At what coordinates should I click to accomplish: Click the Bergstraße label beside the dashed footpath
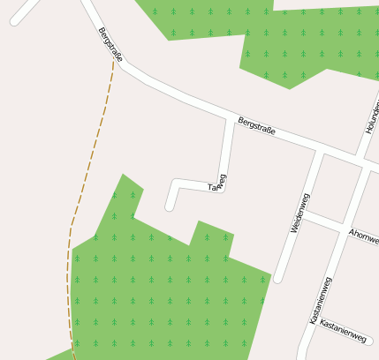[110, 44]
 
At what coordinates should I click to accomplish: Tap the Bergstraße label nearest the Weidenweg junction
[256, 126]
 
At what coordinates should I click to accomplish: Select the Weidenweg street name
[300, 213]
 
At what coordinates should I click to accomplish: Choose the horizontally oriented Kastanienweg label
[344, 330]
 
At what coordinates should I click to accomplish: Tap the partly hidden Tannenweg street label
[217, 183]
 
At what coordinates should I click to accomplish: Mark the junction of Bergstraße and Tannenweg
[231, 118]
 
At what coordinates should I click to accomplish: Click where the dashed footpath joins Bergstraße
[113, 62]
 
